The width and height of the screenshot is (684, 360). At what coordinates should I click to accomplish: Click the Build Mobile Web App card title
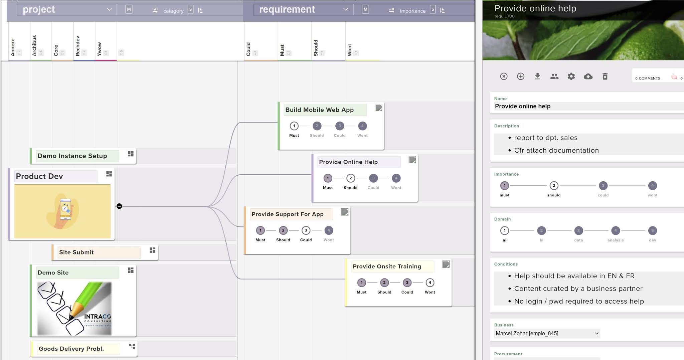point(319,110)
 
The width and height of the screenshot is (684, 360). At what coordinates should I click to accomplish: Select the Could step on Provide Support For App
point(306,230)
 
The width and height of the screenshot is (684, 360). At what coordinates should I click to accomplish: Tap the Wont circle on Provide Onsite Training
point(430,283)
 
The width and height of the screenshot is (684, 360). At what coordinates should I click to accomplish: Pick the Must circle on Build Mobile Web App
point(294,126)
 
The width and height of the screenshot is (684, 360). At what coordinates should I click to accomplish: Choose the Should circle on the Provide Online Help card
point(350,178)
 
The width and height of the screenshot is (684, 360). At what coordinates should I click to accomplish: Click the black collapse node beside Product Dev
point(119,206)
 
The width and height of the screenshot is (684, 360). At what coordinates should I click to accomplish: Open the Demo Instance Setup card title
point(72,156)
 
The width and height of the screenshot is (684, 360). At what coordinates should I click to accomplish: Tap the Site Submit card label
point(76,252)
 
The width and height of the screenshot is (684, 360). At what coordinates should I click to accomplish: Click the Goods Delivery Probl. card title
point(71,349)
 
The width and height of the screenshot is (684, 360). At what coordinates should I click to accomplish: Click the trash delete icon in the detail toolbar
point(605,76)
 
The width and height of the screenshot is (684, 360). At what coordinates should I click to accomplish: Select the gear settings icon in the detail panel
point(571,76)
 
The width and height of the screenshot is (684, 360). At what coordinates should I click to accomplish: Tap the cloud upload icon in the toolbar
point(588,76)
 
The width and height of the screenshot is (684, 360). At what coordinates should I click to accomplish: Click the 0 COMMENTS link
point(647,78)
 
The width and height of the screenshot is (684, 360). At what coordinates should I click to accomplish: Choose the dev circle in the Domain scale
point(652,231)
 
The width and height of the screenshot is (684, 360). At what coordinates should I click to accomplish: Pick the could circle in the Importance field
point(603,186)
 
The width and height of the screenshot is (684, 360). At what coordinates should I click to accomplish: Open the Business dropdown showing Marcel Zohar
point(547,333)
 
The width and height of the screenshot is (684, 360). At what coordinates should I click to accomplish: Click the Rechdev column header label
point(78,46)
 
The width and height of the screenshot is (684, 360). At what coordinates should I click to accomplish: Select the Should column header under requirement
point(316,48)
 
